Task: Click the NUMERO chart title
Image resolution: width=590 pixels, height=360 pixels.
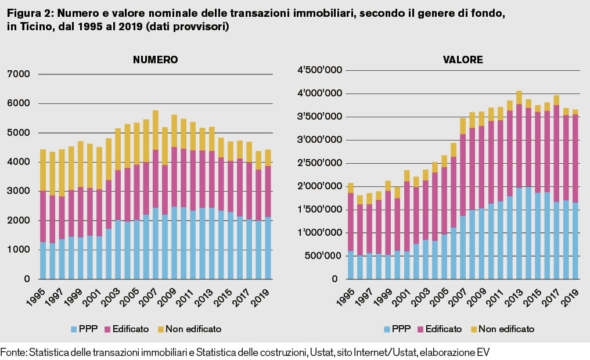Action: click(155, 59)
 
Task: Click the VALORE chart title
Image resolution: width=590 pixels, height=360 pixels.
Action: click(463, 59)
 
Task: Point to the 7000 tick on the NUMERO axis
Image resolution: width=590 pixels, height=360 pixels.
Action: click(21, 74)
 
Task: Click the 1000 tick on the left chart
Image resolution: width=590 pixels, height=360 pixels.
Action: click(21, 250)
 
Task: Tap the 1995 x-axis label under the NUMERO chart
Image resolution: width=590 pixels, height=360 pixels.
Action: click(36, 293)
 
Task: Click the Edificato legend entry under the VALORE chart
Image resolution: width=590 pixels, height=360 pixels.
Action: click(442, 329)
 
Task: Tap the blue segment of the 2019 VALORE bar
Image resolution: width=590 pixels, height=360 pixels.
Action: click(575, 240)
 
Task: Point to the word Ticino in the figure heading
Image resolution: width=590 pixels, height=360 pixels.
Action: click(33, 27)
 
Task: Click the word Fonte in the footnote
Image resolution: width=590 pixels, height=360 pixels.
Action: click(13, 352)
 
